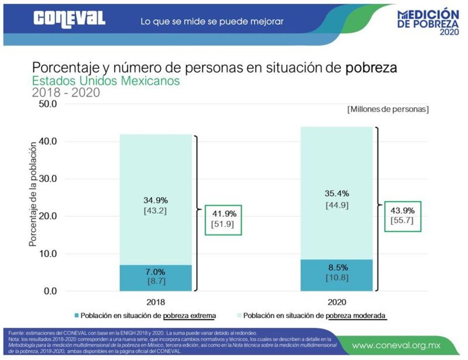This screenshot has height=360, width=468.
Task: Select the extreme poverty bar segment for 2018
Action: coord(156,278)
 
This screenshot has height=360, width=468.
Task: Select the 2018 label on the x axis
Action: coord(156,302)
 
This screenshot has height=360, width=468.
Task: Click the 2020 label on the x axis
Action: coord(336,302)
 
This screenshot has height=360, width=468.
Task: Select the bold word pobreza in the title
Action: coord(371,67)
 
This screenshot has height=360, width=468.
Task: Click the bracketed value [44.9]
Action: coord(336,205)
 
